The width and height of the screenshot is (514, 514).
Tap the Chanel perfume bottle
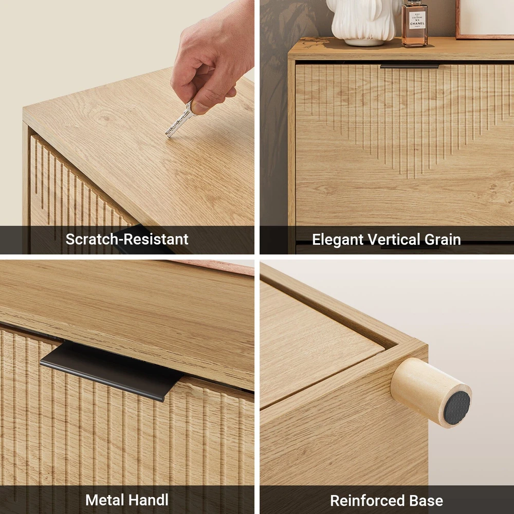(x=415, y=23)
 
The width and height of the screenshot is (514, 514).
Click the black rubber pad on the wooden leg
(x=457, y=408)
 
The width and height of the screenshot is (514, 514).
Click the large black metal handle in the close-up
(x=112, y=371)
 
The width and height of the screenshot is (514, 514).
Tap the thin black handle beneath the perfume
(x=410, y=66)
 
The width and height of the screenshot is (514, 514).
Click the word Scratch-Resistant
(x=127, y=240)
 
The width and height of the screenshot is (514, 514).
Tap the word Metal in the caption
(x=104, y=500)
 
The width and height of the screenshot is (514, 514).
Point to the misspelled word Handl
(x=148, y=500)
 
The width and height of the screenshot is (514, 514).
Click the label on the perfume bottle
(x=417, y=21)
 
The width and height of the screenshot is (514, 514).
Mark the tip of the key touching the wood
(x=167, y=135)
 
